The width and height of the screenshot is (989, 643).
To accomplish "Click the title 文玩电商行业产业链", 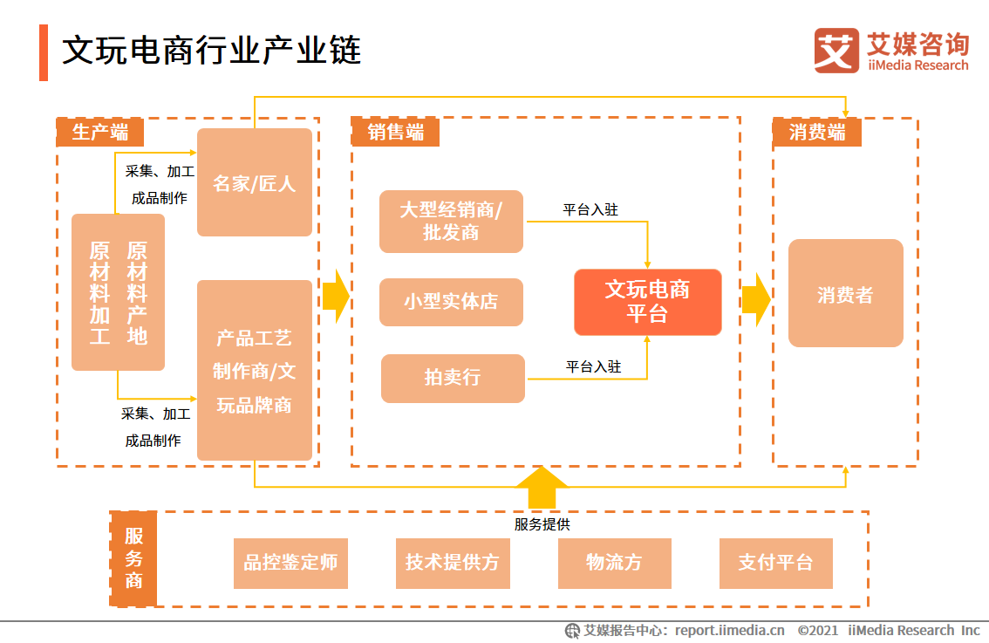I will [x=211, y=51].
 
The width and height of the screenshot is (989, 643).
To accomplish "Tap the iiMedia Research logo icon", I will [x=836, y=51].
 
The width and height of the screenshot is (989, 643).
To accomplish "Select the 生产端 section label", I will [x=99, y=132].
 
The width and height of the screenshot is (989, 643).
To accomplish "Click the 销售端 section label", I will [x=395, y=132].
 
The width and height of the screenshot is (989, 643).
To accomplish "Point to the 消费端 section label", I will [x=816, y=132].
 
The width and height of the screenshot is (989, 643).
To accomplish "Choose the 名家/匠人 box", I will [x=255, y=182].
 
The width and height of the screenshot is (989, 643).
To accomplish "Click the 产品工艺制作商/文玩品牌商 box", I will [x=255, y=370].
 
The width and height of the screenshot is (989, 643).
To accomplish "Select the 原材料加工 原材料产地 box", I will [x=118, y=292].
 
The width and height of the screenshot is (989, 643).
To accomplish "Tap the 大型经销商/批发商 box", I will [x=451, y=222].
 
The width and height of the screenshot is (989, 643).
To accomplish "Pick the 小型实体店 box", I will [x=451, y=302].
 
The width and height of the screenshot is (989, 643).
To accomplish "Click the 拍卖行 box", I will [x=453, y=378].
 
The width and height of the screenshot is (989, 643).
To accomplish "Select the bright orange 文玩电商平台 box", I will [x=647, y=302].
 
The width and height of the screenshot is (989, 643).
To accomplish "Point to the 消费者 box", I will [x=845, y=294].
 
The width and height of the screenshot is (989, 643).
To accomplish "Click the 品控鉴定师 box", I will [x=290, y=563].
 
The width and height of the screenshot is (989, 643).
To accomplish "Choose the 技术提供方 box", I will [x=452, y=563].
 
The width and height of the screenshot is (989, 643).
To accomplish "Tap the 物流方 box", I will [x=614, y=563].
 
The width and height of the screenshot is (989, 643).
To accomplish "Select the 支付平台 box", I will [x=775, y=563].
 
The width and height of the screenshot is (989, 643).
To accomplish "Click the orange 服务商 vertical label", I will [x=133, y=558].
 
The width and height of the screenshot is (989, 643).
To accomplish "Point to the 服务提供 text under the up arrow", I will [x=542, y=524].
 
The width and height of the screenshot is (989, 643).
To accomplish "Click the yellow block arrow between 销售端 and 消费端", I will [x=755, y=299].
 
